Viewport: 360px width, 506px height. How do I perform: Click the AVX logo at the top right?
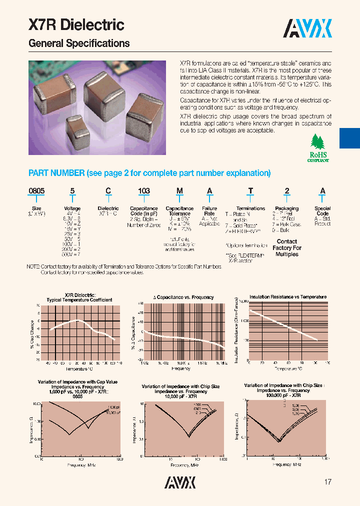307,29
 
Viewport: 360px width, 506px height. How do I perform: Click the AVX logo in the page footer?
180,482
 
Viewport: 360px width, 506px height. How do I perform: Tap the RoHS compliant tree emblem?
318,148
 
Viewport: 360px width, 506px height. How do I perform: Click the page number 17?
328,482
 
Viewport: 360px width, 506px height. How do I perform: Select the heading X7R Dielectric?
76,25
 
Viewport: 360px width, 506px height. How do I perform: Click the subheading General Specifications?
79,43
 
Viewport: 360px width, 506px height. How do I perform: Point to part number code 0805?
36,191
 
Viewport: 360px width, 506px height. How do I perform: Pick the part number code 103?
143,191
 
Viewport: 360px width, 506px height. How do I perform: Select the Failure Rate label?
209,211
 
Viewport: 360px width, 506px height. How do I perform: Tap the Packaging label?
287,208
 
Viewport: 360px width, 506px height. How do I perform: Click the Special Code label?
322,211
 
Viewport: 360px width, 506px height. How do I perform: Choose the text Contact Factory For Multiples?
287,248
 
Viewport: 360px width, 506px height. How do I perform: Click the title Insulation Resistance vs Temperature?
288,297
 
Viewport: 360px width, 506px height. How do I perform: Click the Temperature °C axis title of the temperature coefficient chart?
79,369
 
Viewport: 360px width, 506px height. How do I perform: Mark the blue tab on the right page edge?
349,137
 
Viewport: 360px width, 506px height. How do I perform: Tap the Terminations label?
250,208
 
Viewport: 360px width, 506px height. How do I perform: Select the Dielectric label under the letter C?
108,208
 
